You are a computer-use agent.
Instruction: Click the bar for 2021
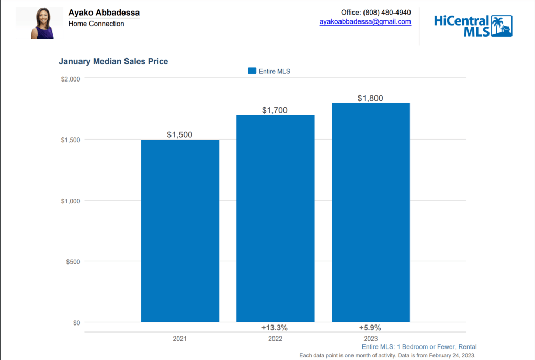(x=180, y=230)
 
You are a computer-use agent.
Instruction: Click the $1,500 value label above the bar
(x=180, y=135)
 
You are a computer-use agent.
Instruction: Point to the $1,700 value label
(x=275, y=110)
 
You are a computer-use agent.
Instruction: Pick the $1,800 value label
(x=370, y=98)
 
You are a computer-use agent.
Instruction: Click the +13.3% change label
(x=275, y=328)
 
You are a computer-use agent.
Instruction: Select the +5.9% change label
(x=370, y=328)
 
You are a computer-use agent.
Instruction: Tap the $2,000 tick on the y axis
(x=70, y=79)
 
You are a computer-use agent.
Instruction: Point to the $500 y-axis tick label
(x=73, y=262)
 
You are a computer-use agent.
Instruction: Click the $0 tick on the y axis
(x=76, y=323)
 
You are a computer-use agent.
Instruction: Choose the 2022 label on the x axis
(x=275, y=339)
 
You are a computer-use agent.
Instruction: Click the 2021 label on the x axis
(x=180, y=339)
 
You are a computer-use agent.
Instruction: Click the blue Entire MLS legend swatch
(x=252, y=71)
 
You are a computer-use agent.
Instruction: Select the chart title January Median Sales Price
(x=113, y=61)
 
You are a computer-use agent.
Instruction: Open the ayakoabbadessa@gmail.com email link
(x=365, y=22)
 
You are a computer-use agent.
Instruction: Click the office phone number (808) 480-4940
(x=387, y=12)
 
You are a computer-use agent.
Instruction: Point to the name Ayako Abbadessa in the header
(x=104, y=13)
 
